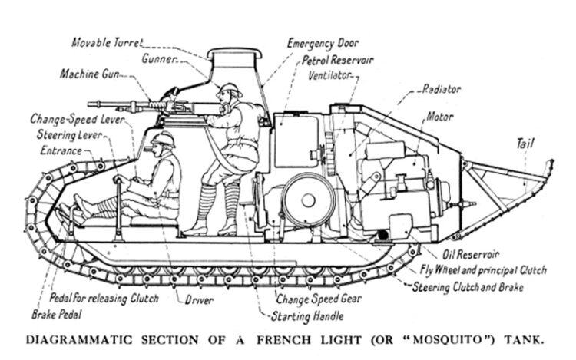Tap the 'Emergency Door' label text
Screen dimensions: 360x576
point(323,44)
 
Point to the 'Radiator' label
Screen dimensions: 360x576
point(441,89)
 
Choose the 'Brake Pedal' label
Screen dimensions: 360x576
point(57,314)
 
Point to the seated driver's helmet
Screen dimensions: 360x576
point(164,138)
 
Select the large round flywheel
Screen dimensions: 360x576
point(306,199)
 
